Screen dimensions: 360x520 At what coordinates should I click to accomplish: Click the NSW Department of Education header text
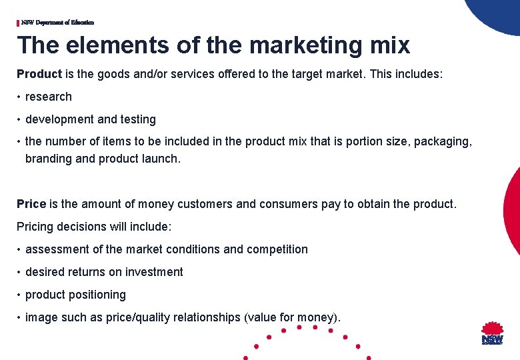[57, 23]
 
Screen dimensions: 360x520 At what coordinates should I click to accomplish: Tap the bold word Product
[39, 74]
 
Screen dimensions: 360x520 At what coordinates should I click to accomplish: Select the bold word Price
[31, 204]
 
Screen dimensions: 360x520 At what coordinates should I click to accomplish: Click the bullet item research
[49, 97]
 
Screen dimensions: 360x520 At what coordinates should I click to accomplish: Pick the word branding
[48, 159]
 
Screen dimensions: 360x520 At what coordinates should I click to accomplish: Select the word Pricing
[37, 227]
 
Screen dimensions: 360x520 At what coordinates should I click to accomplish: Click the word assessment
[57, 249]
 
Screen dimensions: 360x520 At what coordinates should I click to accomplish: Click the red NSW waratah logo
[493, 333]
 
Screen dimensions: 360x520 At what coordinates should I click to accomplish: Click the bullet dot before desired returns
[20, 272]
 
